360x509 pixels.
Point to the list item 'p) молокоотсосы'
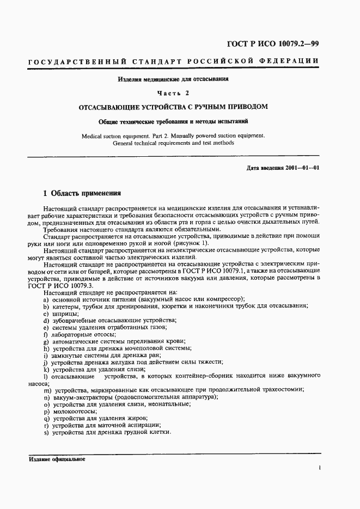point(69,404)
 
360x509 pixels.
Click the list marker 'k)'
point(46,369)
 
